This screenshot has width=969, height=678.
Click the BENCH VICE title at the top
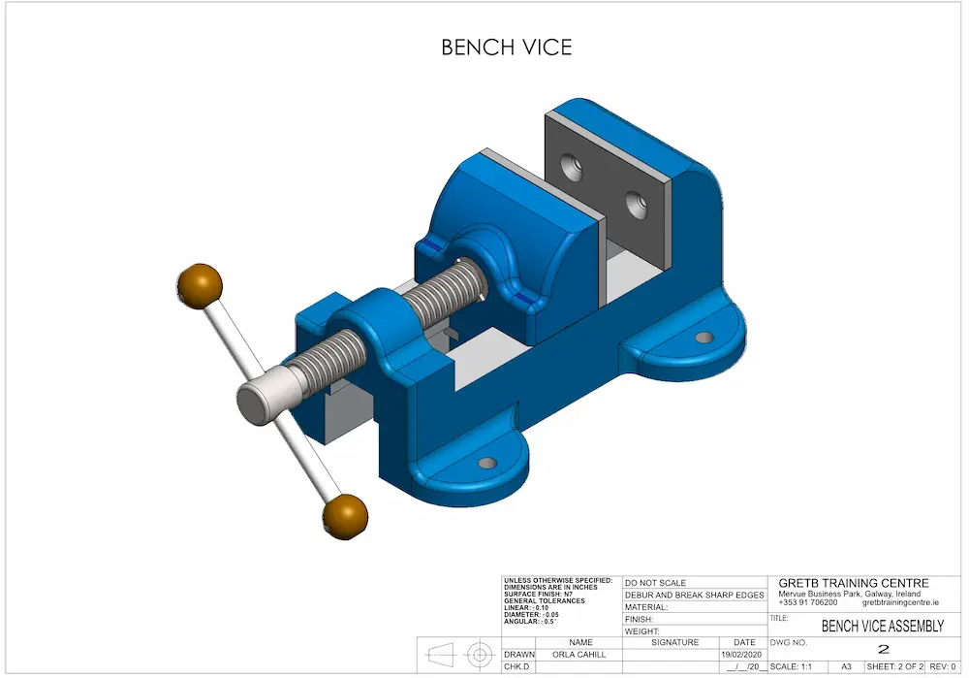point(506,47)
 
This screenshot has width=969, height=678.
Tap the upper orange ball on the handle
point(200,286)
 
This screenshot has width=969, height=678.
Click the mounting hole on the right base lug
point(704,338)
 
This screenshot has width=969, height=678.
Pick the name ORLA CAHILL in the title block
point(580,655)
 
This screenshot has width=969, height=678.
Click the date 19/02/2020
point(744,655)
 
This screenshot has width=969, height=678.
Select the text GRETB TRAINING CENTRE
point(854,583)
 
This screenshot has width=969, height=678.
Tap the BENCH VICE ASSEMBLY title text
point(882,627)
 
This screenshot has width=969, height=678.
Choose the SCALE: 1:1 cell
point(791,667)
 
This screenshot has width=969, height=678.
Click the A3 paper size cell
point(846,667)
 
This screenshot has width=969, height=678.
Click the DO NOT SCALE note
point(656,583)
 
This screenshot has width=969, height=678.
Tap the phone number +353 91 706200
point(807,602)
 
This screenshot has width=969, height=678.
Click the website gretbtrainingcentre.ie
point(900,602)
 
